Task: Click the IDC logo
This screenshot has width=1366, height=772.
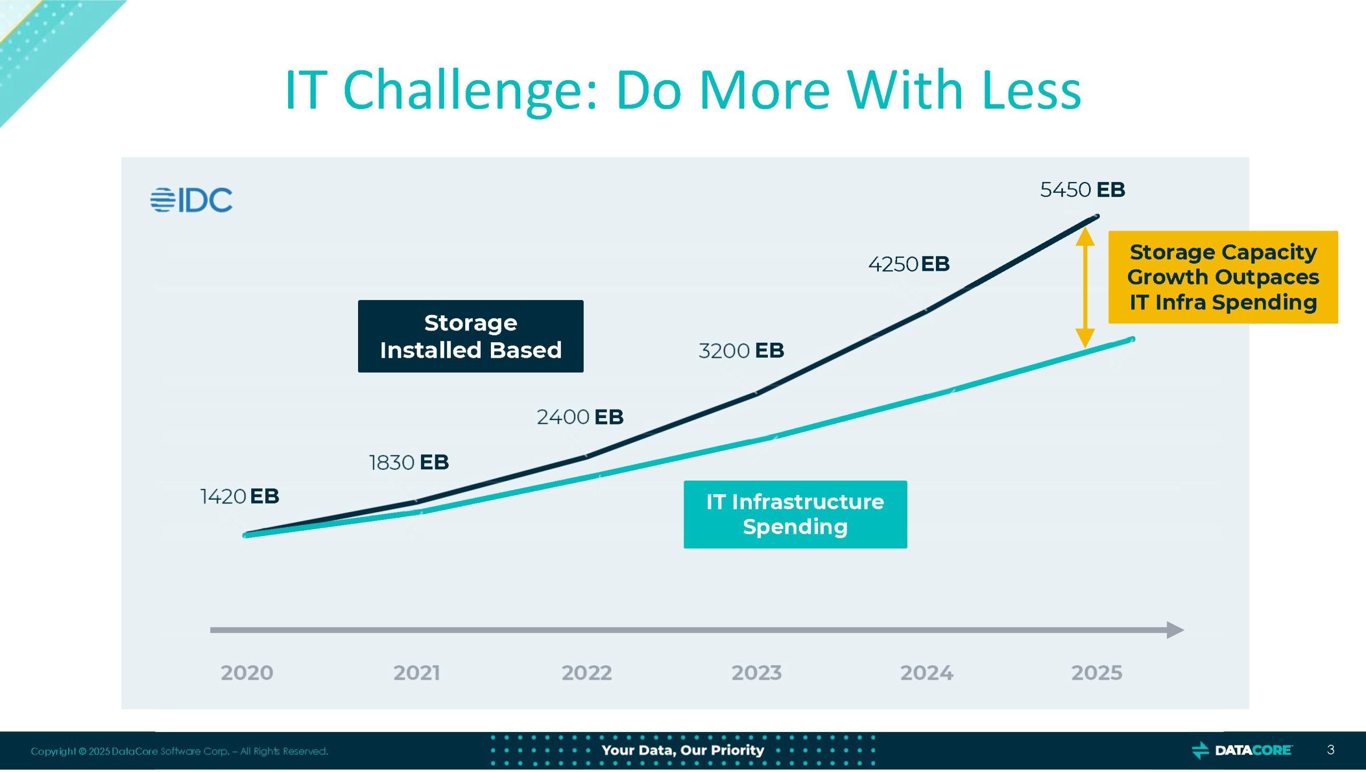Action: pyautogui.click(x=192, y=200)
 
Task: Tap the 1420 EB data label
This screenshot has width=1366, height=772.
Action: pyautogui.click(x=240, y=497)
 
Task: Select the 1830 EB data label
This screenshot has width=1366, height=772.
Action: pyautogui.click(x=409, y=462)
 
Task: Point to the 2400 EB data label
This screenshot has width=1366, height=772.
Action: pyautogui.click(x=580, y=417)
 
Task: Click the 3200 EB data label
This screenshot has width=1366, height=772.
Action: pyautogui.click(x=741, y=351)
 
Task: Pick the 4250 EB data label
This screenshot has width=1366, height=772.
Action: pyautogui.click(x=909, y=264)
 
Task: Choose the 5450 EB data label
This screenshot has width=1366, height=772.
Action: pyautogui.click(x=1082, y=190)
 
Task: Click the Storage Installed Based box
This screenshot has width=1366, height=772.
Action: pyautogui.click(x=470, y=336)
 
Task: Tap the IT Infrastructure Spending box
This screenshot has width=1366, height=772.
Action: pyautogui.click(x=795, y=514)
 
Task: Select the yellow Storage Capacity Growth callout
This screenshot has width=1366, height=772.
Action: pyautogui.click(x=1222, y=277)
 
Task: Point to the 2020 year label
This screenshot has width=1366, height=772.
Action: pyautogui.click(x=247, y=673)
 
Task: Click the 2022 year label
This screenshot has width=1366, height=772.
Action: pyautogui.click(x=586, y=673)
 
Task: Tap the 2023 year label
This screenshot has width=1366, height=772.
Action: pyautogui.click(x=756, y=673)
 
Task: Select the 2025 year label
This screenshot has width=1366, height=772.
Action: pyautogui.click(x=1097, y=673)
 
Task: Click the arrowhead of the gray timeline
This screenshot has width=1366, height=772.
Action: pyautogui.click(x=1175, y=630)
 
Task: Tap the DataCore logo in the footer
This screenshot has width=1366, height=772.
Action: pyautogui.click(x=1242, y=750)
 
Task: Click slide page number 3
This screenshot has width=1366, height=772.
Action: pyautogui.click(x=1330, y=750)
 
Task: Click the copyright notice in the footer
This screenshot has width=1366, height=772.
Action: pyautogui.click(x=179, y=751)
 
